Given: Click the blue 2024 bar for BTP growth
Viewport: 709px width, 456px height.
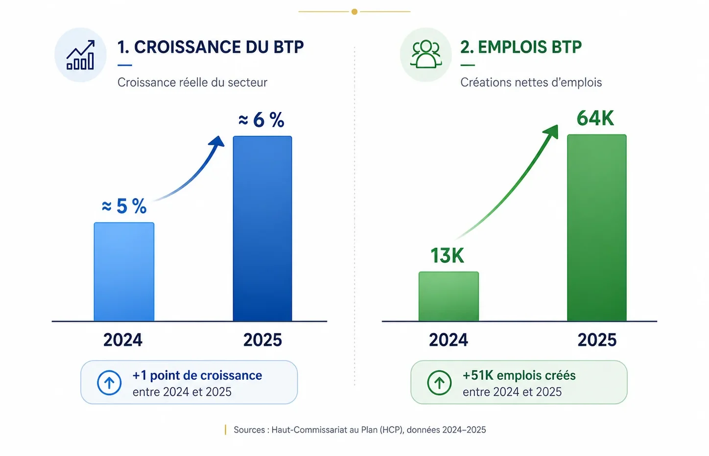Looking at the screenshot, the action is pyautogui.click(x=124, y=272).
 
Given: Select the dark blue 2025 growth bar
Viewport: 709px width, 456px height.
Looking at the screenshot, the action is pyautogui.click(x=262, y=228).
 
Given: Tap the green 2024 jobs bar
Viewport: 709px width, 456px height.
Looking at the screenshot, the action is pyautogui.click(x=449, y=296).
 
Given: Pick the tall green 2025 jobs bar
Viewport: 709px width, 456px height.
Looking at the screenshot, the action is pyautogui.click(x=597, y=228).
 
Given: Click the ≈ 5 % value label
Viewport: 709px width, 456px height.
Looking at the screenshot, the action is pyautogui.click(x=124, y=206).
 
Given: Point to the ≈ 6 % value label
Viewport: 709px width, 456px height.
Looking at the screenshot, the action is pyautogui.click(x=261, y=120).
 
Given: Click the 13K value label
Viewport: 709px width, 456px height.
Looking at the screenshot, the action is pyautogui.click(x=447, y=255).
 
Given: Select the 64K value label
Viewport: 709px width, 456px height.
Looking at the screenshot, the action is pyautogui.click(x=595, y=118).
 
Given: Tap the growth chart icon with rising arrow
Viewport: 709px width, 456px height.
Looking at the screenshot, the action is pyautogui.click(x=80, y=55).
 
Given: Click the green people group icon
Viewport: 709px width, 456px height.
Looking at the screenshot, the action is pyautogui.click(x=425, y=54).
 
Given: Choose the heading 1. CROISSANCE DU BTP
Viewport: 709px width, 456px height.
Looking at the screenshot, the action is pyautogui.click(x=211, y=47).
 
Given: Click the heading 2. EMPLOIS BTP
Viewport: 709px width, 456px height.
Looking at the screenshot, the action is pyautogui.click(x=521, y=47).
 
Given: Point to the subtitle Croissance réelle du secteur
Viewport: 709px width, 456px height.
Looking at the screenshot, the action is pyautogui.click(x=192, y=83).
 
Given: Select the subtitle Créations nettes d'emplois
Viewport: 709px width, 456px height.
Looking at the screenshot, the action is pyautogui.click(x=531, y=83).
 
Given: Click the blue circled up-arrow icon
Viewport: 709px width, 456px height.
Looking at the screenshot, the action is pyautogui.click(x=109, y=383).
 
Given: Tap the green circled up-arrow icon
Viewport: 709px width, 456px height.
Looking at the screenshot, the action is pyautogui.click(x=439, y=383).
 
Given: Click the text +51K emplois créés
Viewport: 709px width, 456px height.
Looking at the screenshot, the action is pyautogui.click(x=519, y=375).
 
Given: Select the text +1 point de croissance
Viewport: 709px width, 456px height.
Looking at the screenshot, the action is pyautogui.click(x=197, y=375).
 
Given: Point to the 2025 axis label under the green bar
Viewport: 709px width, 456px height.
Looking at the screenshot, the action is pyautogui.click(x=597, y=340).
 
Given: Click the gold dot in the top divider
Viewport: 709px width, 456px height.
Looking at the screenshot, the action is pyautogui.click(x=354, y=12).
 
